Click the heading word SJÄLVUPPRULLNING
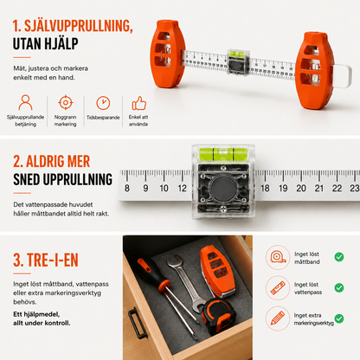pyautogui.click(x=78, y=26)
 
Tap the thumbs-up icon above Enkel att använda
pyautogui.click(x=139, y=103)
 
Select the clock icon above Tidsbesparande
pyautogui.click(x=103, y=103)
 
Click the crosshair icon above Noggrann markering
pyautogui.click(x=66, y=102)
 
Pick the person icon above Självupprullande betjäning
pyautogui.click(x=25, y=102)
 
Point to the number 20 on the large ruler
pyautogui.click(x=301, y=189)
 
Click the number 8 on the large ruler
pyautogui.click(x=127, y=189)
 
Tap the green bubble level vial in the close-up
pyautogui.click(x=223, y=154)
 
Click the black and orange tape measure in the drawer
pyautogui.click(x=218, y=317)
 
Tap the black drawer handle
pyautogui.click(x=136, y=323)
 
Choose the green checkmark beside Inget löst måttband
pyautogui.click(x=339, y=257)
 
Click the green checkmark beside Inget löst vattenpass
pyautogui.click(x=339, y=287)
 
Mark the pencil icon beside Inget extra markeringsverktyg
pyautogui.click(x=278, y=318)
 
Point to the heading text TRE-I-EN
pyautogui.click(x=53, y=260)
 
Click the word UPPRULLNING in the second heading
pyautogui.click(x=78, y=179)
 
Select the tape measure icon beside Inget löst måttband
pyautogui.click(x=278, y=257)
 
